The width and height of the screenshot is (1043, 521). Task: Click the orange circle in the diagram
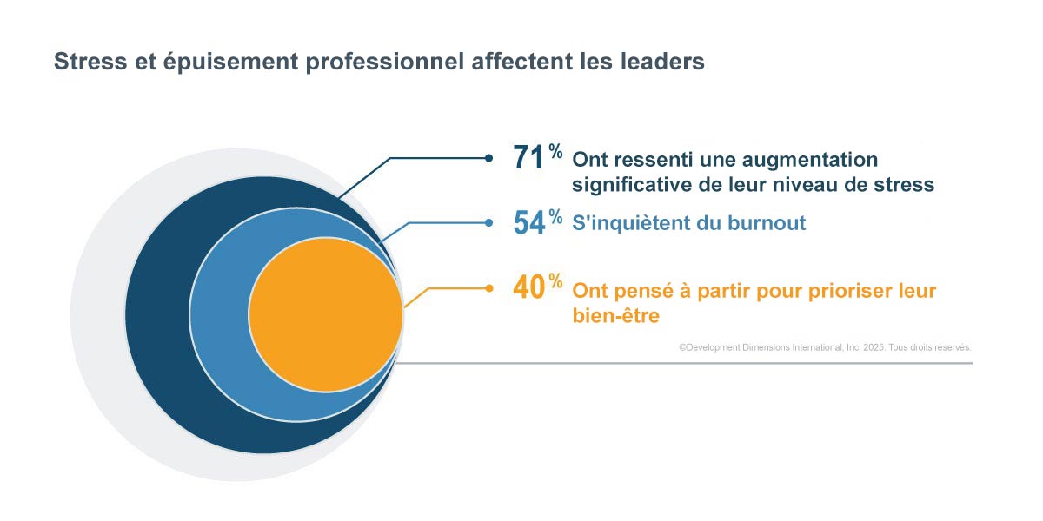[326, 314]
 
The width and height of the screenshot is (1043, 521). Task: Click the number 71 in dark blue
[528, 158]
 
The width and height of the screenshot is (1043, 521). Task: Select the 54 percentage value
[528, 222]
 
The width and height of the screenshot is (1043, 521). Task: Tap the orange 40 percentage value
[528, 287]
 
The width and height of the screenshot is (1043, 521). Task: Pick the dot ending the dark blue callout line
[489, 158]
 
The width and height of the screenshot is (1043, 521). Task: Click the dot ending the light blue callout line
[489, 222]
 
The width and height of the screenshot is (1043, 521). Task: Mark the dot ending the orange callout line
[489, 287]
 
